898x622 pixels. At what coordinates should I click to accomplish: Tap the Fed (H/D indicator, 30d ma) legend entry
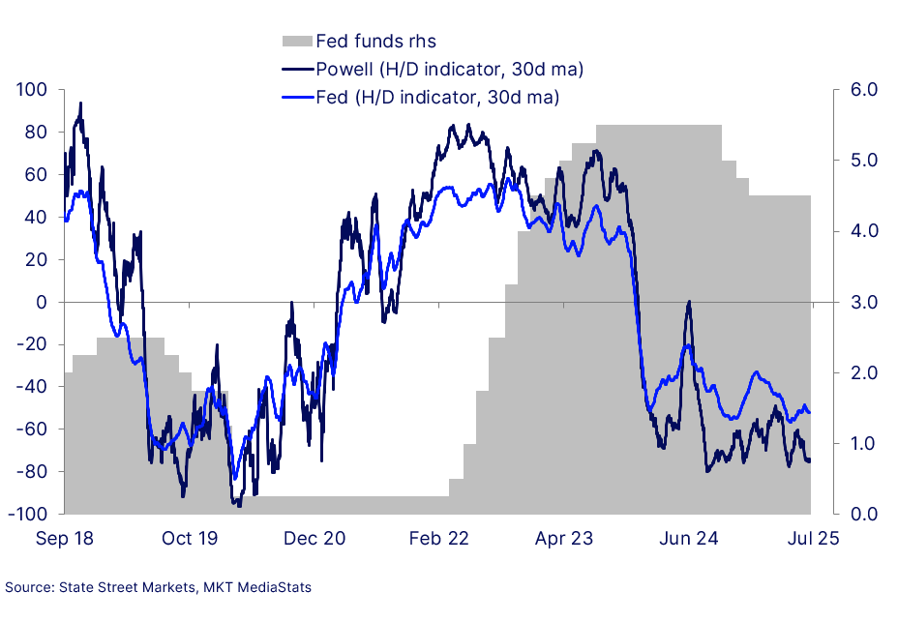coord(437,97)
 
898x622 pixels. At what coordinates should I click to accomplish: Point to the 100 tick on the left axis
coord(33,90)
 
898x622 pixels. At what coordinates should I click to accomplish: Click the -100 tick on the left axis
coord(29,514)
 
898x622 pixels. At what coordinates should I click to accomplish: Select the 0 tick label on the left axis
coord(42,302)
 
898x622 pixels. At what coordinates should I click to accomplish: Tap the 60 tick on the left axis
coord(37,175)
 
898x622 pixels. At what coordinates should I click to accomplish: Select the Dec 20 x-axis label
coord(314,539)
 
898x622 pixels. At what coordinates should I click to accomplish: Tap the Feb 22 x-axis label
coord(439,539)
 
